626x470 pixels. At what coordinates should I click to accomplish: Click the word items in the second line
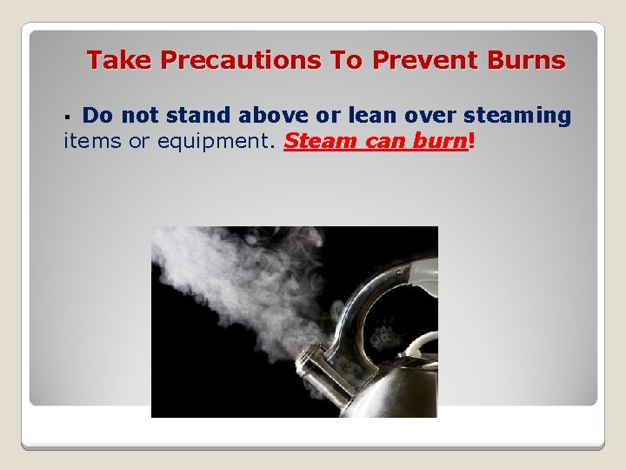coord(93,141)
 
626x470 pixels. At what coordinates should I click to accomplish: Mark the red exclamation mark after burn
coord(471,141)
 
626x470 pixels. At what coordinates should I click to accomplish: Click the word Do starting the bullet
coord(97,115)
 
